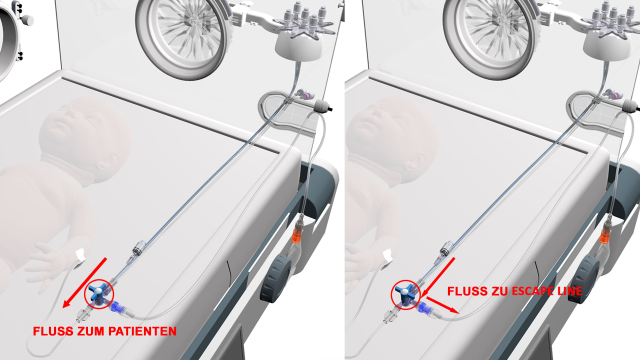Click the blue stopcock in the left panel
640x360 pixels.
[x=99, y=294]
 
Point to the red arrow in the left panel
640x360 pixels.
[x=85, y=282]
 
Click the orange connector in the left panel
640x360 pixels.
[x=298, y=233]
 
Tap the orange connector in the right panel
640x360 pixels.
[x=606, y=233]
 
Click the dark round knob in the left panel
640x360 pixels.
[x=276, y=278]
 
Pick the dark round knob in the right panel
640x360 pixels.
[x=584, y=279]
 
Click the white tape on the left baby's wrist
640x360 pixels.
[x=80, y=255]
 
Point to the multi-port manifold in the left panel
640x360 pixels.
[x=305, y=21]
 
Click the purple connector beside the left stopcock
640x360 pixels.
[x=118, y=307]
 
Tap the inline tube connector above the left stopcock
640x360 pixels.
[x=139, y=248]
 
